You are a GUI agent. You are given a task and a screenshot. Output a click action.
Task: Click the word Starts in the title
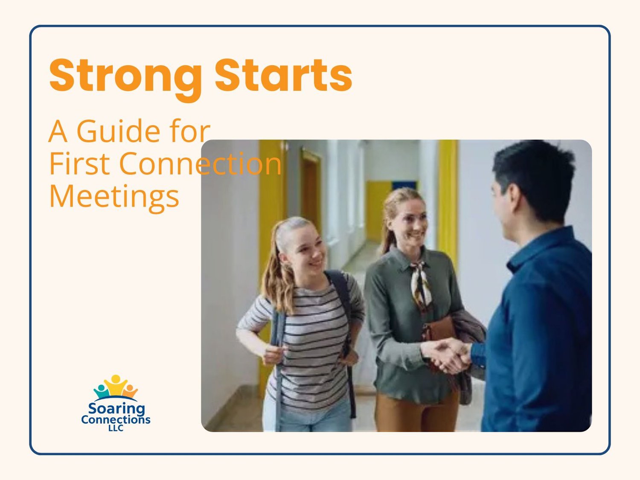click(x=283, y=75)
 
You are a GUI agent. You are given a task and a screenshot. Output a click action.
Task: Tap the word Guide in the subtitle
click(x=118, y=131)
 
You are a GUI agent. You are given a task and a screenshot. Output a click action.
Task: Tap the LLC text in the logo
click(x=116, y=428)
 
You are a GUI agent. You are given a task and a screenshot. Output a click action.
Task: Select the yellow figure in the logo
click(x=116, y=385)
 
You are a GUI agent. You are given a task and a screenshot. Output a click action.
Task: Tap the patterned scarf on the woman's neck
click(x=421, y=286)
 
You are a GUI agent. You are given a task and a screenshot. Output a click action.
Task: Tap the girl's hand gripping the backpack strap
click(x=273, y=355)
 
